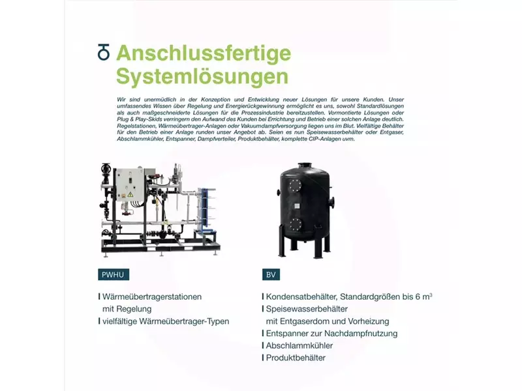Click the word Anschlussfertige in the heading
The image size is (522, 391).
pos(204,53)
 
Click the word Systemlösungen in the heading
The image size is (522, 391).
pos(202,76)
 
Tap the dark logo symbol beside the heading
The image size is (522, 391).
pos(104,52)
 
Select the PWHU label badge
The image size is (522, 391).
pos(113,274)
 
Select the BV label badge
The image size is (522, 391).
pos(271,274)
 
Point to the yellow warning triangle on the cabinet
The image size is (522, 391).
pos(130,195)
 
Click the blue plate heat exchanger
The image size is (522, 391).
pos(206,209)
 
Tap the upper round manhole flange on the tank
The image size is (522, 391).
pos(295,186)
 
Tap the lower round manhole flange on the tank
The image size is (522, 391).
pos(296,224)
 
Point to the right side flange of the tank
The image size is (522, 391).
pos(332,202)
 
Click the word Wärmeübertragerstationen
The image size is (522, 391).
pos(152,297)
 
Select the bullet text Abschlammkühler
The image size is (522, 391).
pos(299,346)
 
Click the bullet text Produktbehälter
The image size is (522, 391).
pos(296,358)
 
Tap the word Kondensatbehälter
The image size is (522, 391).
pos(301,297)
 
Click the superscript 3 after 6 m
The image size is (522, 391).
pos(431,295)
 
